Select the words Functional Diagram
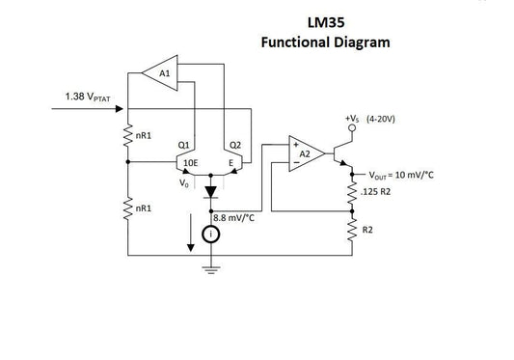[326, 42]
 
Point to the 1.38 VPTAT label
[87, 97]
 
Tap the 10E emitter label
[190, 163]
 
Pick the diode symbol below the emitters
[210, 192]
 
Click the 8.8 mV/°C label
[234, 218]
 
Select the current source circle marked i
[210, 234]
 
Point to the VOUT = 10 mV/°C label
[401, 175]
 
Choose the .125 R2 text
[374, 191]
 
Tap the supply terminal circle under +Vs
[351, 136]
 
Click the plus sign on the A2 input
[294, 146]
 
